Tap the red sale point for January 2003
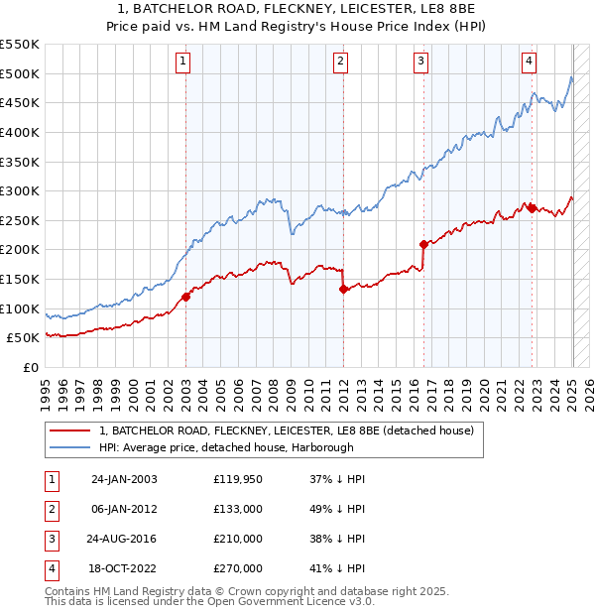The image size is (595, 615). pyautogui.click(x=185, y=296)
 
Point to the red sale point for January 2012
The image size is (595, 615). pyautogui.click(x=343, y=289)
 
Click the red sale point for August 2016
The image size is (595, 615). pyautogui.click(x=423, y=243)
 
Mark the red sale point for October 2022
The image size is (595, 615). pyautogui.click(x=532, y=207)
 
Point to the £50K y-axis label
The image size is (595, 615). pyautogui.click(x=22, y=338)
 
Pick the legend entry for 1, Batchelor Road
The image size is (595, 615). pyautogui.click(x=288, y=430)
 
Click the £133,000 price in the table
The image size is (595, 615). pyautogui.click(x=238, y=510)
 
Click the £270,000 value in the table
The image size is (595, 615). pyautogui.click(x=238, y=569)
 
